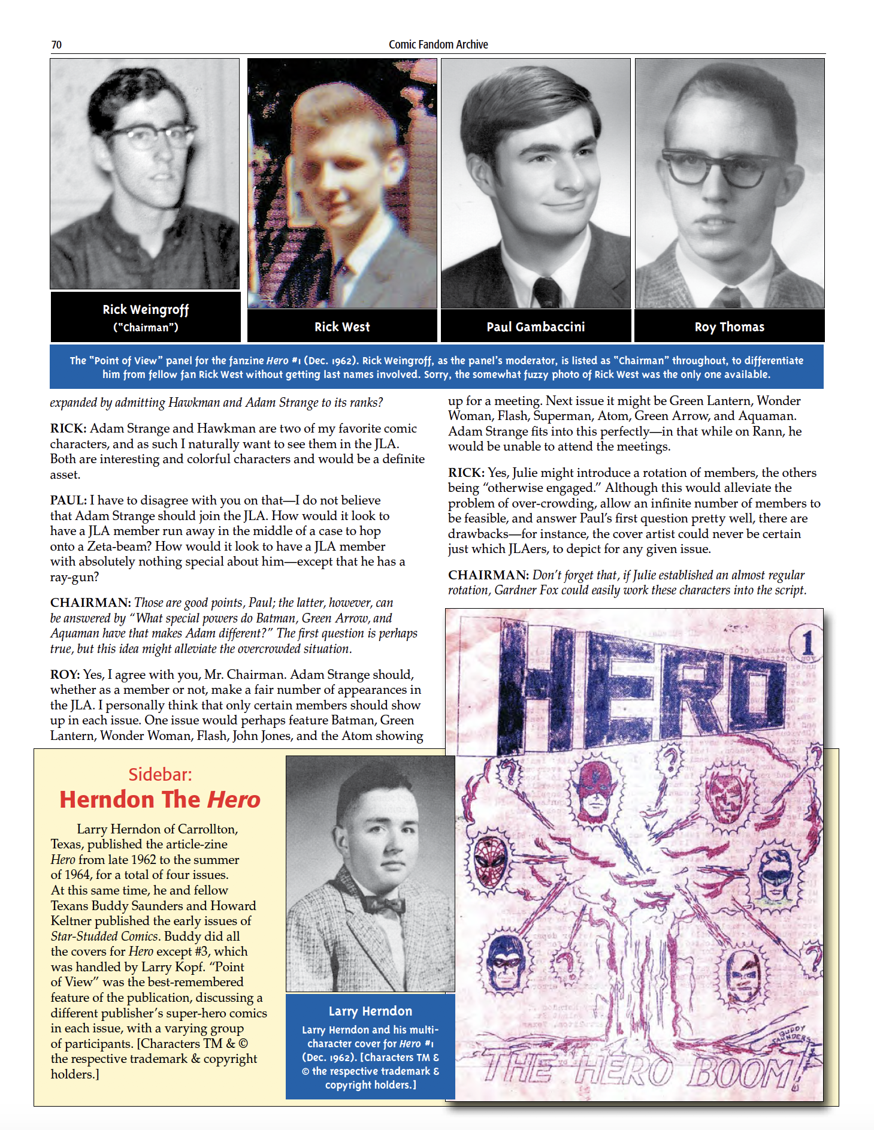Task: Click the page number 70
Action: tap(56, 45)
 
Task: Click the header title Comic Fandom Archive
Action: tap(438, 44)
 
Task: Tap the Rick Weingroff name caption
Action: tap(146, 310)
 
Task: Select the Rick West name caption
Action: tap(342, 327)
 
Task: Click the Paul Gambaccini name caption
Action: tap(536, 327)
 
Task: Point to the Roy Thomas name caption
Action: tap(729, 327)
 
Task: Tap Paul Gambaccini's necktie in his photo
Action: tap(547, 292)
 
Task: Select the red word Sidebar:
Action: tap(160, 775)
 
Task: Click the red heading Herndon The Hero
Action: tap(160, 800)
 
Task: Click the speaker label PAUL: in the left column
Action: tap(68, 500)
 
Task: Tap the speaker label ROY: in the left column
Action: tap(65, 675)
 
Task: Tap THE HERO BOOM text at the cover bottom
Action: tap(641, 1072)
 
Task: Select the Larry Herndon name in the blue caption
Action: tap(370, 1011)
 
